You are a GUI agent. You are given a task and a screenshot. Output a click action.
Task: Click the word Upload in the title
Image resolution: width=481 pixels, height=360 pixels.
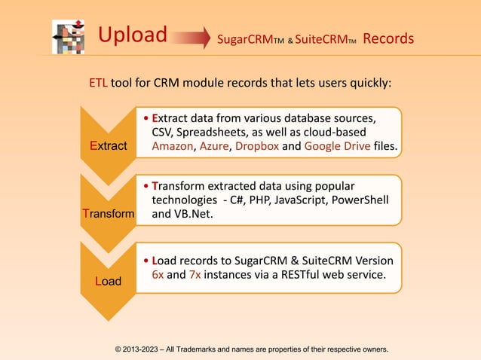pyautogui.click(x=133, y=35)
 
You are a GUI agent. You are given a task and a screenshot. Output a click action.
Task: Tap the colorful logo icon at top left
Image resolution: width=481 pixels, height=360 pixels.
pyautogui.click(x=69, y=35)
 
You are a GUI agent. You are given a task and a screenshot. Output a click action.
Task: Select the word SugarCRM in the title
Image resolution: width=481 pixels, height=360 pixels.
pyautogui.click(x=241, y=38)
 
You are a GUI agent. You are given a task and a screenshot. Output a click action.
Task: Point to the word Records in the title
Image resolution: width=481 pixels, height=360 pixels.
pyautogui.click(x=388, y=38)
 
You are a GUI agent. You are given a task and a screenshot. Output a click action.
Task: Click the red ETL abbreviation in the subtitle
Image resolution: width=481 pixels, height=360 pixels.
pyautogui.click(x=100, y=82)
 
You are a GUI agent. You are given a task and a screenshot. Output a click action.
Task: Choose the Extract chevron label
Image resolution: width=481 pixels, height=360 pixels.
pyautogui.click(x=108, y=145)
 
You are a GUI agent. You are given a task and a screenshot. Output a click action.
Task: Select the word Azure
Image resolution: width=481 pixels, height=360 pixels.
pyautogui.click(x=214, y=145)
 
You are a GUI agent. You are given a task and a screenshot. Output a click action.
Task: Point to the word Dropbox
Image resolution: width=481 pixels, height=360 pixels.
pyautogui.click(x=256, y=145)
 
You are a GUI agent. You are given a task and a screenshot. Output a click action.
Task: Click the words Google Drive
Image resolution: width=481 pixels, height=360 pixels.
pyautogui.click(x=337, y=145)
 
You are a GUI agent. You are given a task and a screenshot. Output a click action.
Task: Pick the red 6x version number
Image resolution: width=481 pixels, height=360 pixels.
pyautogui.click(x=158, y=275)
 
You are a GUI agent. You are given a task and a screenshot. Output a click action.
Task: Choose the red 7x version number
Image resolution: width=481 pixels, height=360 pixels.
pyautogui.click(x=192, y=275)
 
